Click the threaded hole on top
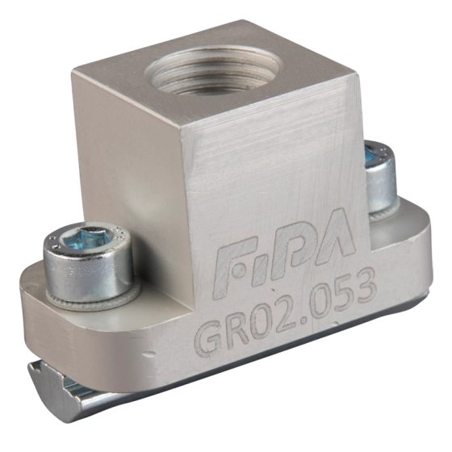click(x=213, y=71)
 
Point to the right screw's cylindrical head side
click(x=379, y=186)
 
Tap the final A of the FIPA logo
click(x=337, y=233)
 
